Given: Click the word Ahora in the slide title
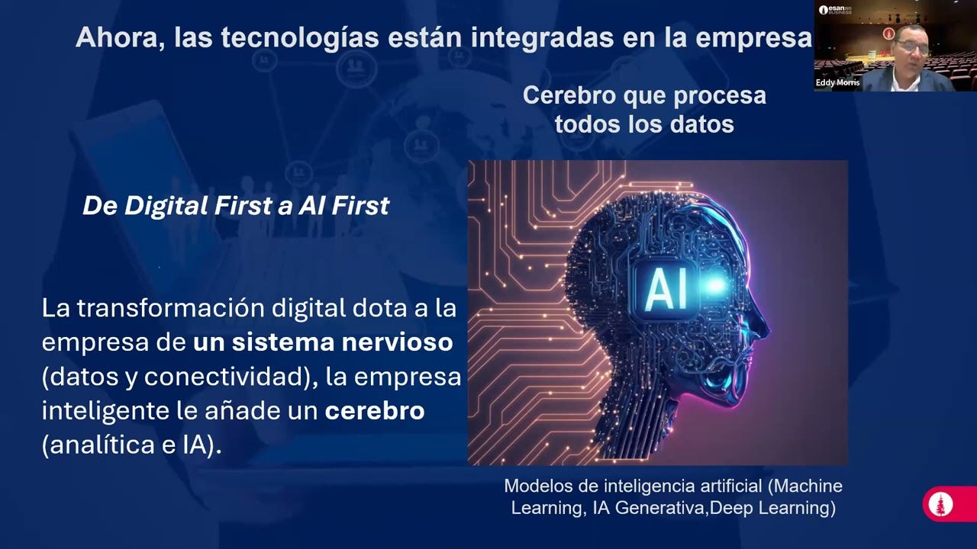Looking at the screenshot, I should (114, 38).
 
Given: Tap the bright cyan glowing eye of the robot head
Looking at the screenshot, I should (716, 286).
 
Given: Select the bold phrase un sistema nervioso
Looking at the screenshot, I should (323, 343).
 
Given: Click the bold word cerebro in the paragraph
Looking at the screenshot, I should (375, 411).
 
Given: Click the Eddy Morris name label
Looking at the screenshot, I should (837, 82).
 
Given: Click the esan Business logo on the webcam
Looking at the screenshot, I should (835, 10).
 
